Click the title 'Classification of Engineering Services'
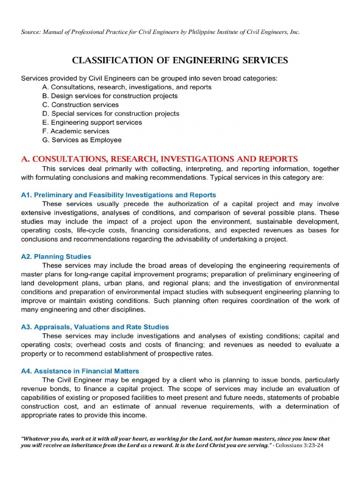pyautogui.click(x=180, y=60)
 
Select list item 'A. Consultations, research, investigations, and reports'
pyautogui.click(x=127, y=87)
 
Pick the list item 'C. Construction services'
pyautogui.click(x=80, y=105)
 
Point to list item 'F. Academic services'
pyautogui.click(x=75, y=131)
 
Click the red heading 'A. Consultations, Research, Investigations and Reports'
pyautogui.click(x=159, y=159)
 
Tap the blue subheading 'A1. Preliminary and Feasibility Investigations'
pyautogui.click(x=119, y=195)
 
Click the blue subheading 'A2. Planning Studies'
pyautogui.click(x=56, y=256)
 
